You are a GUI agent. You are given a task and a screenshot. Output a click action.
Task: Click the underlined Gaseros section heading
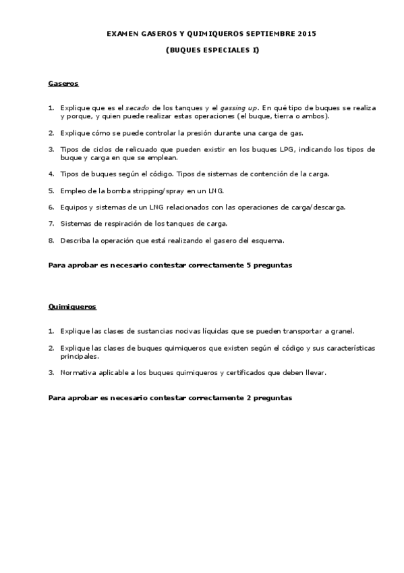tap(63, 84)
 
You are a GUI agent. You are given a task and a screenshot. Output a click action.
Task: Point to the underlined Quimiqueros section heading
tap(72, 307)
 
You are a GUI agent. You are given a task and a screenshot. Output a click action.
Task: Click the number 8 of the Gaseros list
tap(51, 240)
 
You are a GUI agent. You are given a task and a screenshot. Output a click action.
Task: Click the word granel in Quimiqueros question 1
tap(341, 331)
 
